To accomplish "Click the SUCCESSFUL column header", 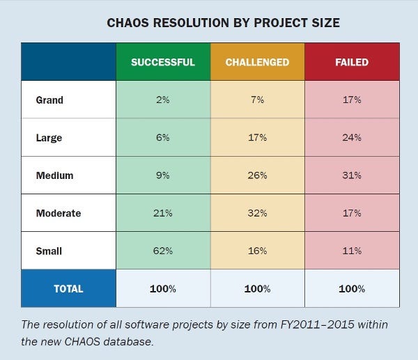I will click(x=163, y=62).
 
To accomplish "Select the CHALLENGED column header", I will click(x=257, y=62).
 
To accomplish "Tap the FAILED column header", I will click(x=352, y=62).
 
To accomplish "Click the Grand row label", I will click(x=49, y=100).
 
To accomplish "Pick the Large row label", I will click(x=49, y=138).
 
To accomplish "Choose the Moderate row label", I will click(x=58, y=213).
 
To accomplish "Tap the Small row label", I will click(x=48, y=251).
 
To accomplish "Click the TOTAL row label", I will click(x=68, y=288).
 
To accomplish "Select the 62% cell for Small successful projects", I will click(x=163, y=251).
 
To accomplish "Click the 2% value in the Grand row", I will click(x=163, y=100).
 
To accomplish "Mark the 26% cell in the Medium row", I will click(x=257, y=175).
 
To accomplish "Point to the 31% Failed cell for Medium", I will click(x=352, y=175).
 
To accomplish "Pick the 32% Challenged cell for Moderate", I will click(x=257, y=213).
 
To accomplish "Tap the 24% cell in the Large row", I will click(x=352, y=138).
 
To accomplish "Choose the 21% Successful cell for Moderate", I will click(x=163, y=213).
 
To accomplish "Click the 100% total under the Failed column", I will click(x=352, y=288).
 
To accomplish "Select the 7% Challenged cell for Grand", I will click(x=257, y=100).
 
